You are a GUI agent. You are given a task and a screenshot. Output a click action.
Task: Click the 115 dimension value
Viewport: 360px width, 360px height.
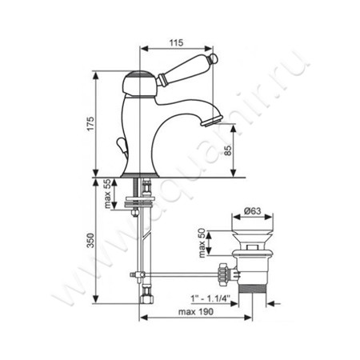coord(177,42)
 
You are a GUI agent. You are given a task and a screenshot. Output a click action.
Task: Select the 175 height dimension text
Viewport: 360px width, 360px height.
coord(91,123)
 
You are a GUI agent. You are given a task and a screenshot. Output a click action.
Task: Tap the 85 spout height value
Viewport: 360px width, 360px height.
coord(228,150)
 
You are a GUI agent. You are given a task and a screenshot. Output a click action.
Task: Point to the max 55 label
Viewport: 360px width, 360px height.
coord(107,194)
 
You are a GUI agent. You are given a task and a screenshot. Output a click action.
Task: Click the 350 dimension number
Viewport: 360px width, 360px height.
coord(91,241)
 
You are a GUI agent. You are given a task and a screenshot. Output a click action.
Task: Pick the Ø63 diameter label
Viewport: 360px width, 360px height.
coord(252,211)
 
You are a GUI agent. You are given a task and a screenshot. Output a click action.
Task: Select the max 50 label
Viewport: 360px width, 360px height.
coord(202,243)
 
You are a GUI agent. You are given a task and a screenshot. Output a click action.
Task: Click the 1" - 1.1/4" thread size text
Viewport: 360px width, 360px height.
coord(210,298)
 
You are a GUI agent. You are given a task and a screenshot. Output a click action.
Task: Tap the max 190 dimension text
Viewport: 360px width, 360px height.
coord(196,311)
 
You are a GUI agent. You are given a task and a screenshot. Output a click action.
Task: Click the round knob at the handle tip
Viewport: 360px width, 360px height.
coord(214,58)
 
